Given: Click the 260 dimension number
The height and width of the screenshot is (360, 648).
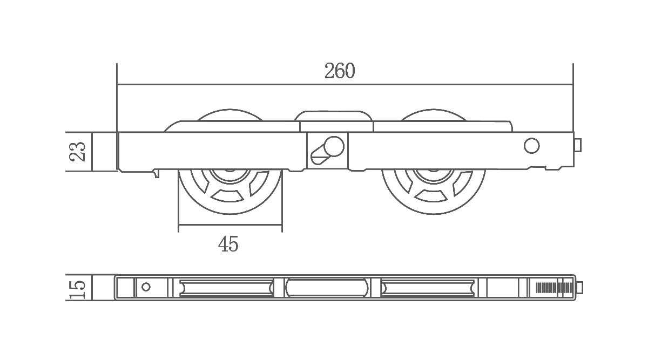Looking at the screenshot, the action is pos(340,71).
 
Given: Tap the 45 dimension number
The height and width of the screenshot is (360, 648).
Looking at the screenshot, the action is pos(228,244).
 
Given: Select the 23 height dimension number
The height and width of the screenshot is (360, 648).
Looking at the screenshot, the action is pos(78,152).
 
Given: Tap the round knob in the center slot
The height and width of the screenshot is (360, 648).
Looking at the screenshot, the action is pos(334,146).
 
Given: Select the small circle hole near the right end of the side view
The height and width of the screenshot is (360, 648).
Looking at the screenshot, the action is pos(531,146).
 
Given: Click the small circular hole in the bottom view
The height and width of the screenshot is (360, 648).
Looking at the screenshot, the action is pos(146,287).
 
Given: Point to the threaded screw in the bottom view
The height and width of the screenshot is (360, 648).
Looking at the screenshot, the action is pos(554,288).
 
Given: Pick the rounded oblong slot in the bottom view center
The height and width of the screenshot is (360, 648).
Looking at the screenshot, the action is pos(327,288).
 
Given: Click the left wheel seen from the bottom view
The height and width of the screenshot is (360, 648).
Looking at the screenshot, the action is pos(226,288).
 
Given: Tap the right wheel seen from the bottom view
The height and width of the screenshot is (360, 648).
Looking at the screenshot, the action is pos(428,288).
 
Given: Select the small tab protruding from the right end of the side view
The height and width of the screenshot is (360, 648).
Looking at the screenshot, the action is pos(578,145).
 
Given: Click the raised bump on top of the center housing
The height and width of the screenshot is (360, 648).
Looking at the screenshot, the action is pos(333,116).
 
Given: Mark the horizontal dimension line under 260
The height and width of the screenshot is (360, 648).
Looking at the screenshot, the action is pos(345,85).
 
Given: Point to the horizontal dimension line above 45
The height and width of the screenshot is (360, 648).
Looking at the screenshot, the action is pos(230,225).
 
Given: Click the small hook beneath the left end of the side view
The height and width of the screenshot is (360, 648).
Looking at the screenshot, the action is pos(157,173).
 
